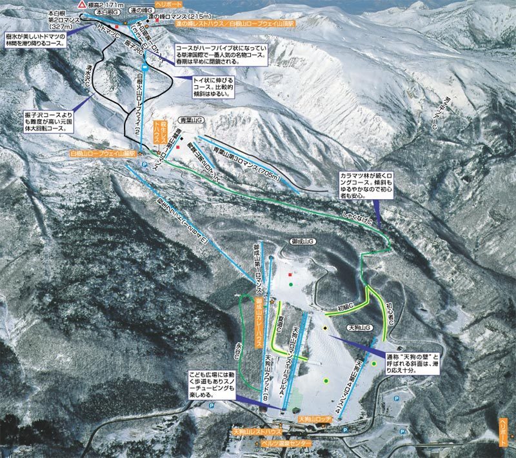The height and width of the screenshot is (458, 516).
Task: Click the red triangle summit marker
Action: tap(81, 4)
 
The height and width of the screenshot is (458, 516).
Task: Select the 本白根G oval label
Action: tap(108, 12)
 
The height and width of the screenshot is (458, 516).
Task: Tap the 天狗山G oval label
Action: tap(360, 328)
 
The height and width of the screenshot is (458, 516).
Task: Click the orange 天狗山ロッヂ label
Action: tap(315, 420)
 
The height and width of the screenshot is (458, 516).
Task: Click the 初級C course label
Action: tap(346, 306)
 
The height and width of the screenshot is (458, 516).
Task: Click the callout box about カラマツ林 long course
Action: tap(371, 186)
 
